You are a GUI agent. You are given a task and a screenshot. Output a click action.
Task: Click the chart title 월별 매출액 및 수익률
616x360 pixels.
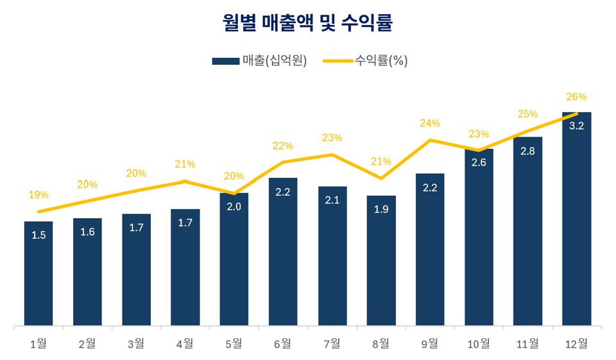[307, 24]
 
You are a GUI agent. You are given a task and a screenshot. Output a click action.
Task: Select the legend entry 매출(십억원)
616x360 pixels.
[259, 61]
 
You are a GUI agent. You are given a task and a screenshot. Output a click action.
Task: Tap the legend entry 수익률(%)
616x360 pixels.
[365, 61]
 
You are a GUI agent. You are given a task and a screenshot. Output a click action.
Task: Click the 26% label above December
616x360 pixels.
[576, 97]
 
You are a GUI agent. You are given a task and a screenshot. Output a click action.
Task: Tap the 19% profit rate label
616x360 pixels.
[38, 194]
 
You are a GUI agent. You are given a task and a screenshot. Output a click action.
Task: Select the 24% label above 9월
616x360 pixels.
[430, 123]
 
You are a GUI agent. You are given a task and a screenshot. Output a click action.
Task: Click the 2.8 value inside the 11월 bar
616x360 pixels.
[527, 151]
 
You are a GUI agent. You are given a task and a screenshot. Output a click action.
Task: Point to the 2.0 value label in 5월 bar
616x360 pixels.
[234, 207]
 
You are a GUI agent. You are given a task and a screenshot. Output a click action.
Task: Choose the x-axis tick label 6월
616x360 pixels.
[283, 344]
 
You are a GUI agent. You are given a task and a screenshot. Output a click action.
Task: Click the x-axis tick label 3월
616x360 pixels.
[136, 344]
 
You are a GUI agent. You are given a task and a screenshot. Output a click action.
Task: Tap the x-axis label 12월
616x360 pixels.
[576, 344]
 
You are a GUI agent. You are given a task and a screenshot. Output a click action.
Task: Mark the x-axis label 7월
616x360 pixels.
[332, 344]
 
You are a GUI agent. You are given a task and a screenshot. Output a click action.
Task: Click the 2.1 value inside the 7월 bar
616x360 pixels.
[332, 200]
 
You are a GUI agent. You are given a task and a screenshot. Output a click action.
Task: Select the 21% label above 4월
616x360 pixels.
[185, 164]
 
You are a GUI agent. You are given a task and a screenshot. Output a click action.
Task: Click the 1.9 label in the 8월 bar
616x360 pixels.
[381, 210]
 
